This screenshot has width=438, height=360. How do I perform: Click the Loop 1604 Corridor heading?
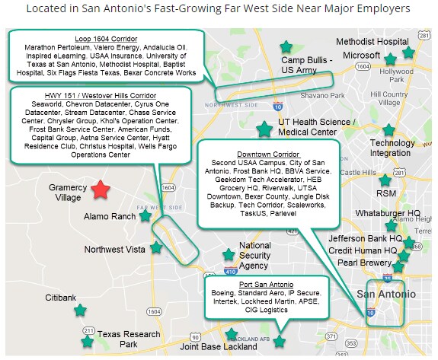[x=103, y=38]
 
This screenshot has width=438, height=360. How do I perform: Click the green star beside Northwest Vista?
[x=156, y=247]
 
